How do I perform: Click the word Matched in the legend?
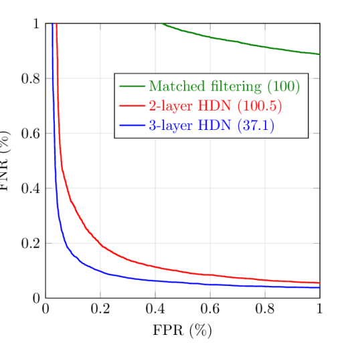point(173,87)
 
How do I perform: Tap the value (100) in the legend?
point(283,87)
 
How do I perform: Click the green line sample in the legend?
point(132,86)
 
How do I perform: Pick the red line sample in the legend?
point(132,106)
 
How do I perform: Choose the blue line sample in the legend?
point(132,125)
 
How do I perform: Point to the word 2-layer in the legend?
point(171,106)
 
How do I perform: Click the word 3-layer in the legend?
point(171,126)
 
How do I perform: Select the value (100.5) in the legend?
point(260,106)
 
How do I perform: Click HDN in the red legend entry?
point(214,106)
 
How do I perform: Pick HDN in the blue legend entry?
point(214,126)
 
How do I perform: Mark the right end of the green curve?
point(319,54)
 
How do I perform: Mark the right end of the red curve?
point(319,283)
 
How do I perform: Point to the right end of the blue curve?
point(319,287)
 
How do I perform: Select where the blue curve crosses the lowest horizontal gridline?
point(64,242)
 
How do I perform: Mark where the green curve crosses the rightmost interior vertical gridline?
point(265,47)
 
